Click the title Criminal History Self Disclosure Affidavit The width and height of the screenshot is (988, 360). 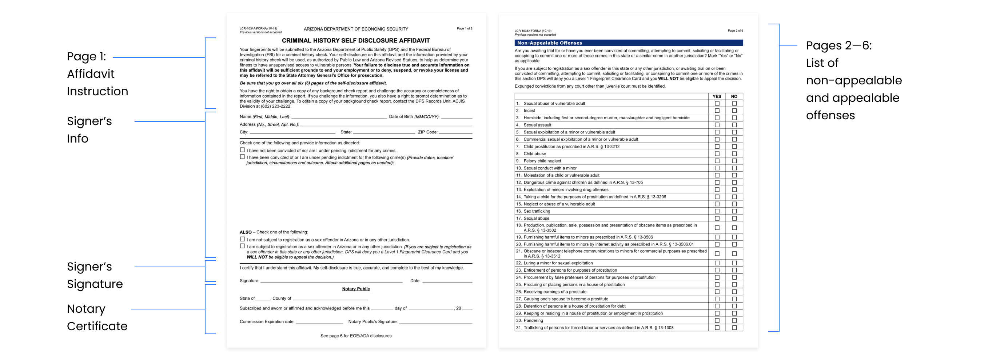355,41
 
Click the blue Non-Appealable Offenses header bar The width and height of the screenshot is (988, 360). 628,43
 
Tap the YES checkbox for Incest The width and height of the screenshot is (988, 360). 717,111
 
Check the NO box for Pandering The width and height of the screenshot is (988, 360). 734,320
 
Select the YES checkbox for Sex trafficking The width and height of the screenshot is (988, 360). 717,211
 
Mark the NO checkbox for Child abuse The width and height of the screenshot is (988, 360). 734,154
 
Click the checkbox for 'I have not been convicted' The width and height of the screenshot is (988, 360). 242,150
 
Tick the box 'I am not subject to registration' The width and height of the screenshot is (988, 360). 242,239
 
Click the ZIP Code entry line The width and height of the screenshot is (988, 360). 455,132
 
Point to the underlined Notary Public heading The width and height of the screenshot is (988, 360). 355,289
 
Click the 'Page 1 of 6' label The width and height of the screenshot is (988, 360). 464,29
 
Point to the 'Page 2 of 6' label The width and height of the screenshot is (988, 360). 735,31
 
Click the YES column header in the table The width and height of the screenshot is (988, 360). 717,97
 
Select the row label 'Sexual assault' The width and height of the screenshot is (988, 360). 537,125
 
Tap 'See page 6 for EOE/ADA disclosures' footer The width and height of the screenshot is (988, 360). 355,336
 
